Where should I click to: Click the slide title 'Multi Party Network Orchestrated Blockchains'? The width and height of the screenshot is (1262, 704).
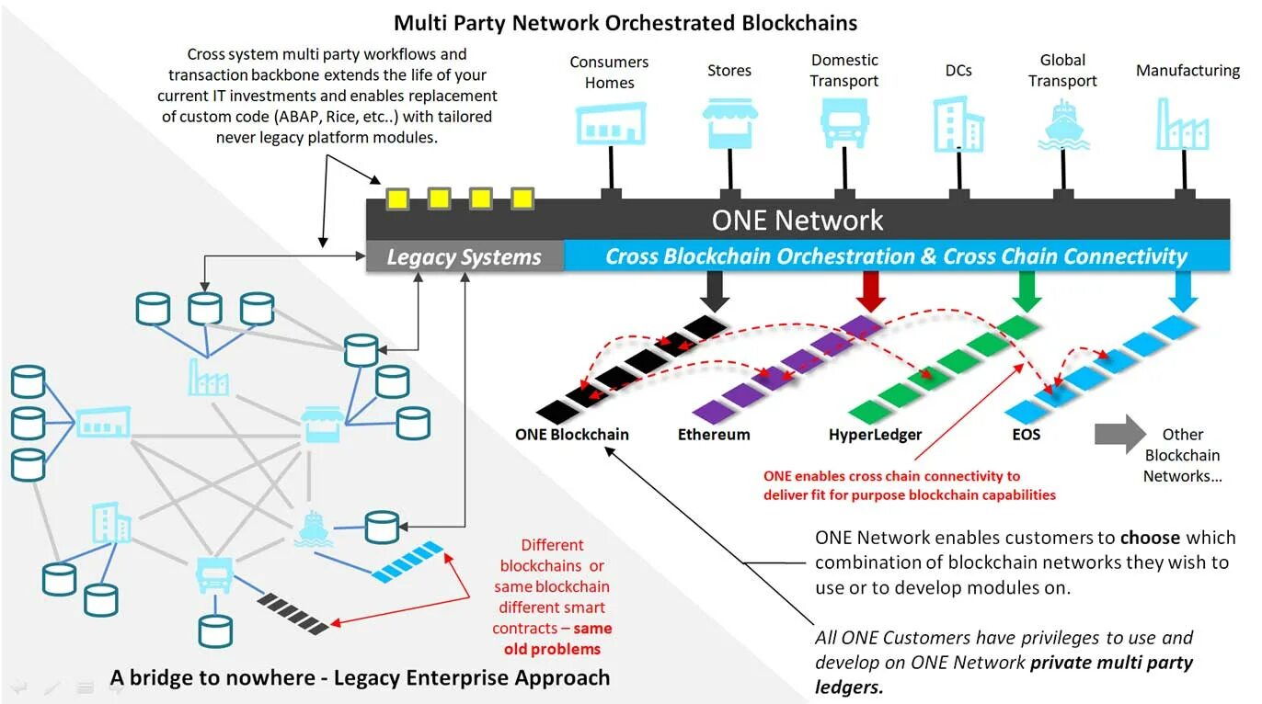(625, 22)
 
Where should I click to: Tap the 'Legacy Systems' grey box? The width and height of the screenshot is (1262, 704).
(465, 257)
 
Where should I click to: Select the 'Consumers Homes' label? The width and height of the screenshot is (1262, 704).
(609, 72)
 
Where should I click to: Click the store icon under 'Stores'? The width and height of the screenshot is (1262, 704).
(730, 124)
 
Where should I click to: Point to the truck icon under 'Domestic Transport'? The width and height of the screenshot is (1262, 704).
(844, 124)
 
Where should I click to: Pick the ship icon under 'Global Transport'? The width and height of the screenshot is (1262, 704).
(1063, 126)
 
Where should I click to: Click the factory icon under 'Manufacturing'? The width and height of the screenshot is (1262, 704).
(1182, 124)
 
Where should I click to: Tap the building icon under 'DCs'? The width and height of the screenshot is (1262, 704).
(958, 124)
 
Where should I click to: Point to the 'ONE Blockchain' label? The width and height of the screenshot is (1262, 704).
(572, 435)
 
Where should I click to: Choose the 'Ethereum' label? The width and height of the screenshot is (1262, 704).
(714, 435)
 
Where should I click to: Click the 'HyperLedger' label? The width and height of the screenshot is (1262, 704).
(875, 435)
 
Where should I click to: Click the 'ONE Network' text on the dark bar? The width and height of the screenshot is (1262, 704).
(797, 221)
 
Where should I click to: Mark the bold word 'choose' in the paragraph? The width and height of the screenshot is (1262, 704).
(1150, 538)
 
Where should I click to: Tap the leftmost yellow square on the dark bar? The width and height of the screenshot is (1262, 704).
(397, 198)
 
